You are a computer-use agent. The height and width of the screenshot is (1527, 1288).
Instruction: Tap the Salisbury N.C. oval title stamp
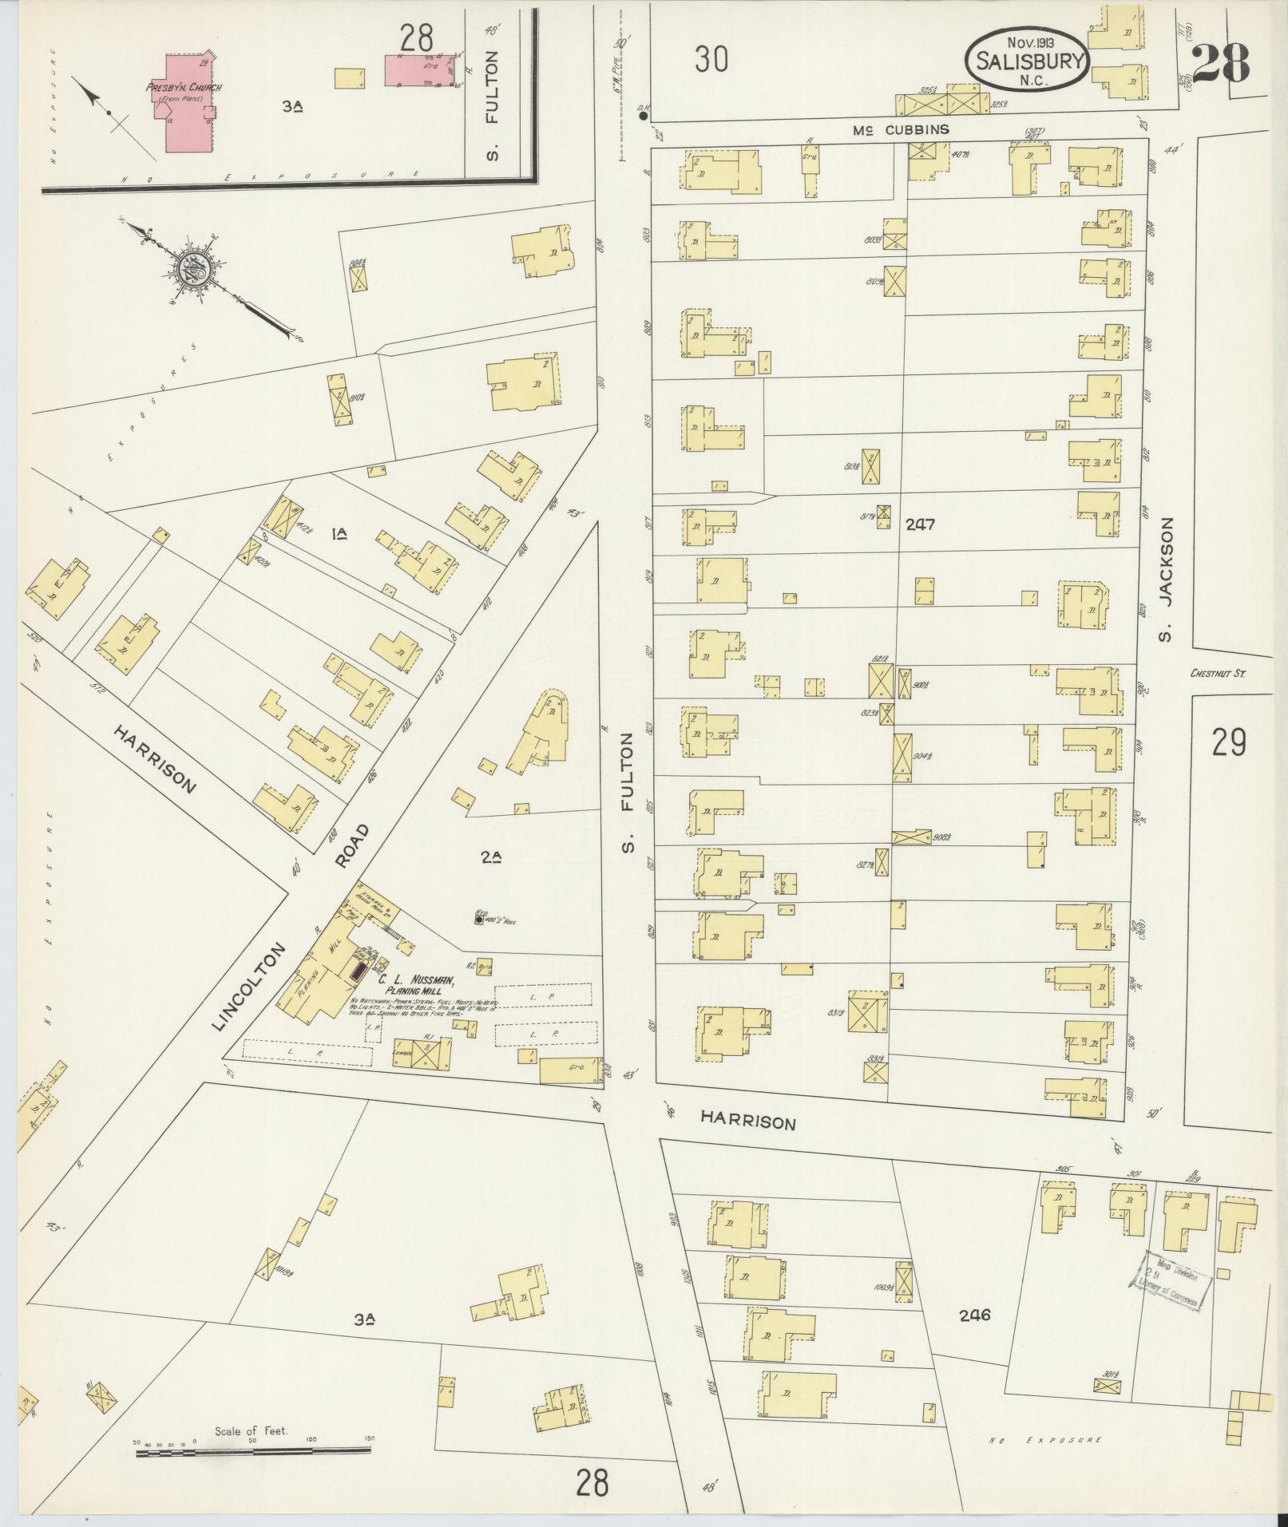[1025, 60]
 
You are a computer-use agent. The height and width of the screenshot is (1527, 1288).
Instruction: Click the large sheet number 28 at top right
[1221, 62]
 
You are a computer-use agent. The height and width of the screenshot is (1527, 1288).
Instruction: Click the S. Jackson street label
[1167, 573]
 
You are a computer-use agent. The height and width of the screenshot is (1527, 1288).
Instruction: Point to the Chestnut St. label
[1218, 673]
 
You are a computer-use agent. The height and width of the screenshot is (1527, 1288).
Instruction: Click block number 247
[920, 524]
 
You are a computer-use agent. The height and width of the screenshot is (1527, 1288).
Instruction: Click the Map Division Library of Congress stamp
[1171, 1285]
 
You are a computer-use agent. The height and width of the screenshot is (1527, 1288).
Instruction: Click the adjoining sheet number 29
[1228, 743]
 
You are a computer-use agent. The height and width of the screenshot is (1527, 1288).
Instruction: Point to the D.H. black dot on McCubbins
[643, 117]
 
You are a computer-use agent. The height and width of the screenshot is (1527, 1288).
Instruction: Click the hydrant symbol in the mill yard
[478, 920]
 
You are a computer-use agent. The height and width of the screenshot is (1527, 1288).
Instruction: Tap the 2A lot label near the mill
[490, 858]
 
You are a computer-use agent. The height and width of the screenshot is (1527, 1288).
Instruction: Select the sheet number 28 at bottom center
[591, 1483]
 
